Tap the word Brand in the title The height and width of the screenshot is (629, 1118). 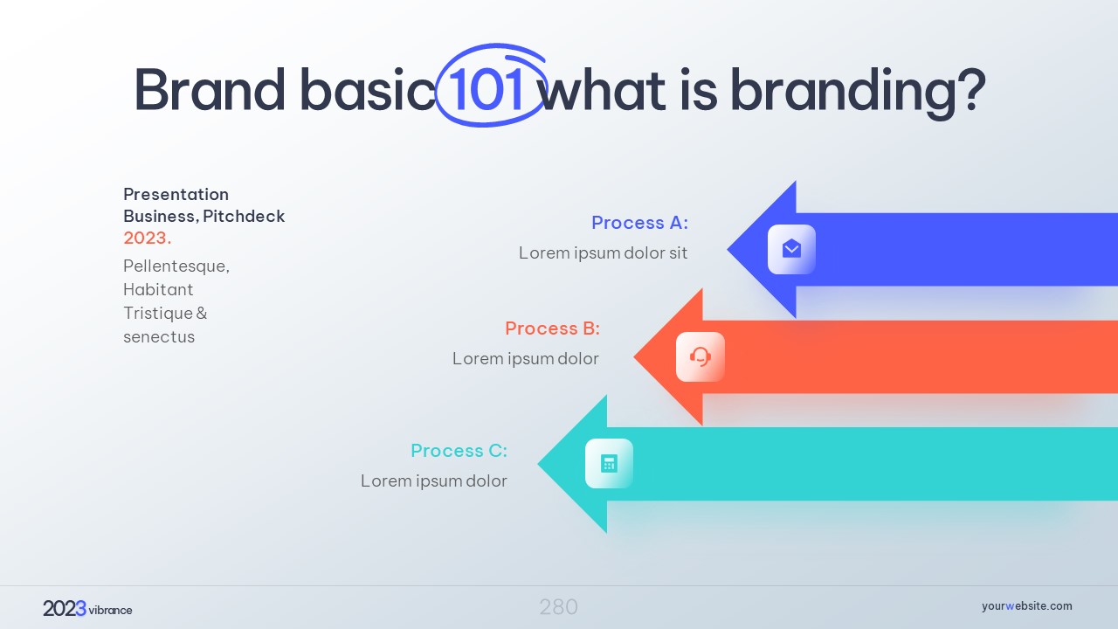click(210, 90)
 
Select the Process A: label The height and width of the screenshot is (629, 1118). click(640, 223)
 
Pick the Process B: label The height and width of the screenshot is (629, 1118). click(553, 328)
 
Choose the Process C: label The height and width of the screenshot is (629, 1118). click(459, 451)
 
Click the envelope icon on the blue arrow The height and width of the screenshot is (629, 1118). click(791, 249)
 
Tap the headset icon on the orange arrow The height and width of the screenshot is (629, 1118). click(700, 357)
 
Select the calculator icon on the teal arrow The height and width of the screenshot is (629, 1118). click(609, 463)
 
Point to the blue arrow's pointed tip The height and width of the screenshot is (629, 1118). click(728, 249)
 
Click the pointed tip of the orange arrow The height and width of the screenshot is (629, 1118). click(634, 357)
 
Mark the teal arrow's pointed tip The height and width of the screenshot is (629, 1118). click(539, 464)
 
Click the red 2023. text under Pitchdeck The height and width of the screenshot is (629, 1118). click(148, 238)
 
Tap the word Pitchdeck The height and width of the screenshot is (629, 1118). click(244, 216)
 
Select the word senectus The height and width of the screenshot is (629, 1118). click(159, 337)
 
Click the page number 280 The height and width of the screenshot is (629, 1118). click(558, 607)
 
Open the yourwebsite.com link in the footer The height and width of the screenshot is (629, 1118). click(1026, 606)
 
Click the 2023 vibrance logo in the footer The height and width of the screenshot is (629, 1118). click(87, 609)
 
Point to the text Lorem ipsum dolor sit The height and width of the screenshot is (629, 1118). click(603, 253)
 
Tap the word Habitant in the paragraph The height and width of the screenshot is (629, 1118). click(158, 289)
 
